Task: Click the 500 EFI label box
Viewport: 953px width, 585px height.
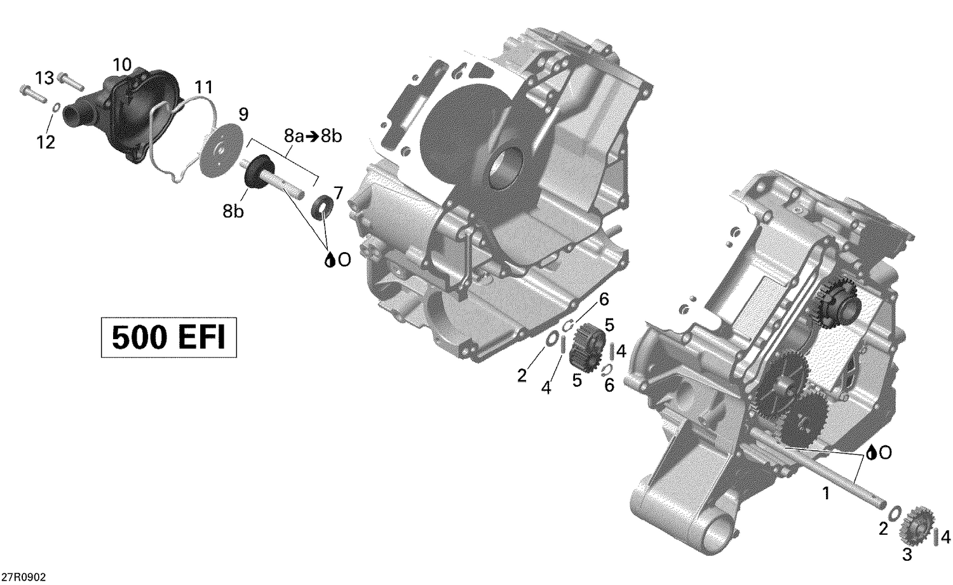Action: pos(168,338)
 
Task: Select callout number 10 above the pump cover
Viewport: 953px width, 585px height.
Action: pos(122,64)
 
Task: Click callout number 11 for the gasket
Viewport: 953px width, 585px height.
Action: pos(204,86)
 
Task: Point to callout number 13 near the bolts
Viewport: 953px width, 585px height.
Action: pos(44,78)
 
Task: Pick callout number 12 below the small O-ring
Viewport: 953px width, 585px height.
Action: pos(46,142)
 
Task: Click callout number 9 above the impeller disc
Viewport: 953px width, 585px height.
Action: pos(243,114)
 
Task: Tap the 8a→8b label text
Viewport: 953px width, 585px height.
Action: pos(313,136)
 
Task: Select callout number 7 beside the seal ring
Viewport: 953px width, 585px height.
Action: pos(338,192)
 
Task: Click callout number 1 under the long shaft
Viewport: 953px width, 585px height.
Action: pos(826,493)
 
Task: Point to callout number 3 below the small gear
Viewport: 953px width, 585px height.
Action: pos(907,555)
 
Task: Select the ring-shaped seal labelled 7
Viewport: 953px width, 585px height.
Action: pos(323,207)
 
